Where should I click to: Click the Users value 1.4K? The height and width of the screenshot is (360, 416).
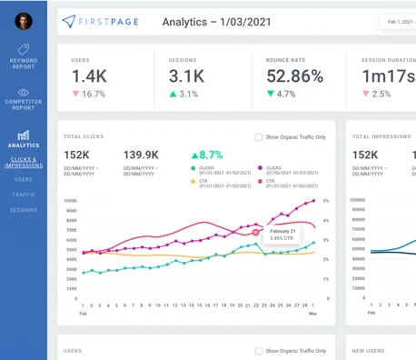pos(89,76)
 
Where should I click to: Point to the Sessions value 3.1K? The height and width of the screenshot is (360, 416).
pos(186,76)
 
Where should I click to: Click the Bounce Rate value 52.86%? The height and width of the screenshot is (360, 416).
pos(297,76)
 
